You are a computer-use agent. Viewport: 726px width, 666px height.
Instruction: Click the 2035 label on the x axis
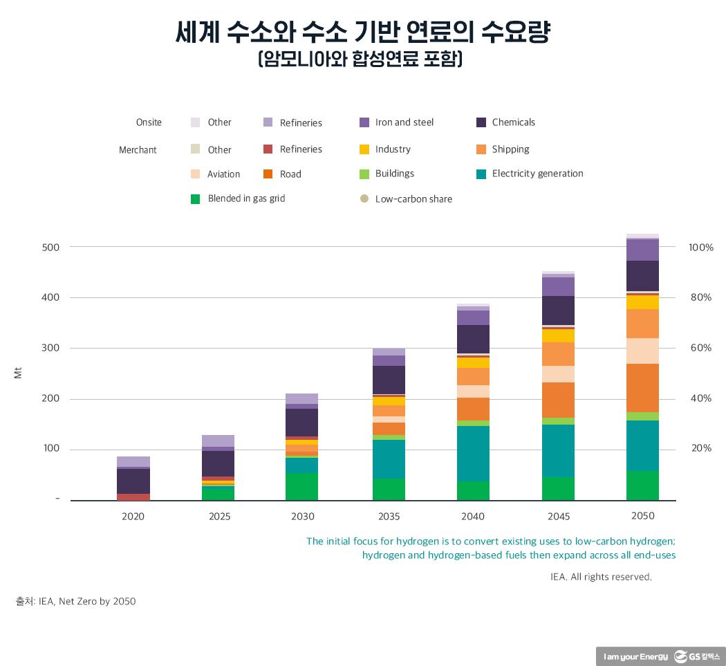pos(389,517)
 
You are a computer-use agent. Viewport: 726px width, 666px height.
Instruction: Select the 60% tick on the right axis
pos(700,348)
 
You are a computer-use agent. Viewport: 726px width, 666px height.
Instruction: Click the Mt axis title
pos(18,373)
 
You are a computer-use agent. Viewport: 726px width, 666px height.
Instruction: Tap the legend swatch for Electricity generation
pos(481,174)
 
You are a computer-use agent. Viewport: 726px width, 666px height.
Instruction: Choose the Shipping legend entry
pos(510,149)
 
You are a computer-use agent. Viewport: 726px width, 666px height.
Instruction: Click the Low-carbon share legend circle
pos(364,199)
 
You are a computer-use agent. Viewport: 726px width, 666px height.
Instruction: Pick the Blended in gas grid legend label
pos(246,198)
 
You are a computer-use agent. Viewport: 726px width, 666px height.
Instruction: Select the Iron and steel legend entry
pos(404,122)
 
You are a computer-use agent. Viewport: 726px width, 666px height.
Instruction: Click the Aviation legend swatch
pos(195,174)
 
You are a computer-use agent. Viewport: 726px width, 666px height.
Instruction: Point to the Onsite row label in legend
pos(149,122)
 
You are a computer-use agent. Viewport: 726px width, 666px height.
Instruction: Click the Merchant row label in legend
pos(138,150)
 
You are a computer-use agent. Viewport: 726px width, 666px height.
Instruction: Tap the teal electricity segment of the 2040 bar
pos(473,453)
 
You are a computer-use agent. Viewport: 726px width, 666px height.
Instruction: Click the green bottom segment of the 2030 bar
pos(301,486)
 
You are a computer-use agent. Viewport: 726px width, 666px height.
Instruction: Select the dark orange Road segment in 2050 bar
pos(642,387)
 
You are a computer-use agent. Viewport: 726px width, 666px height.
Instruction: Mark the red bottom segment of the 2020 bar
pos(133,497)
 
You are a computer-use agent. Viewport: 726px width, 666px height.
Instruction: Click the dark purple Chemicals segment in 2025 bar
pos(218,463)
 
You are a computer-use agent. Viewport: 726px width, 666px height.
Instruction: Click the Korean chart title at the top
pos(362,33)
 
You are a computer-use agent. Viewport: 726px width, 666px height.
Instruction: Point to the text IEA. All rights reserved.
pos(600,576)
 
